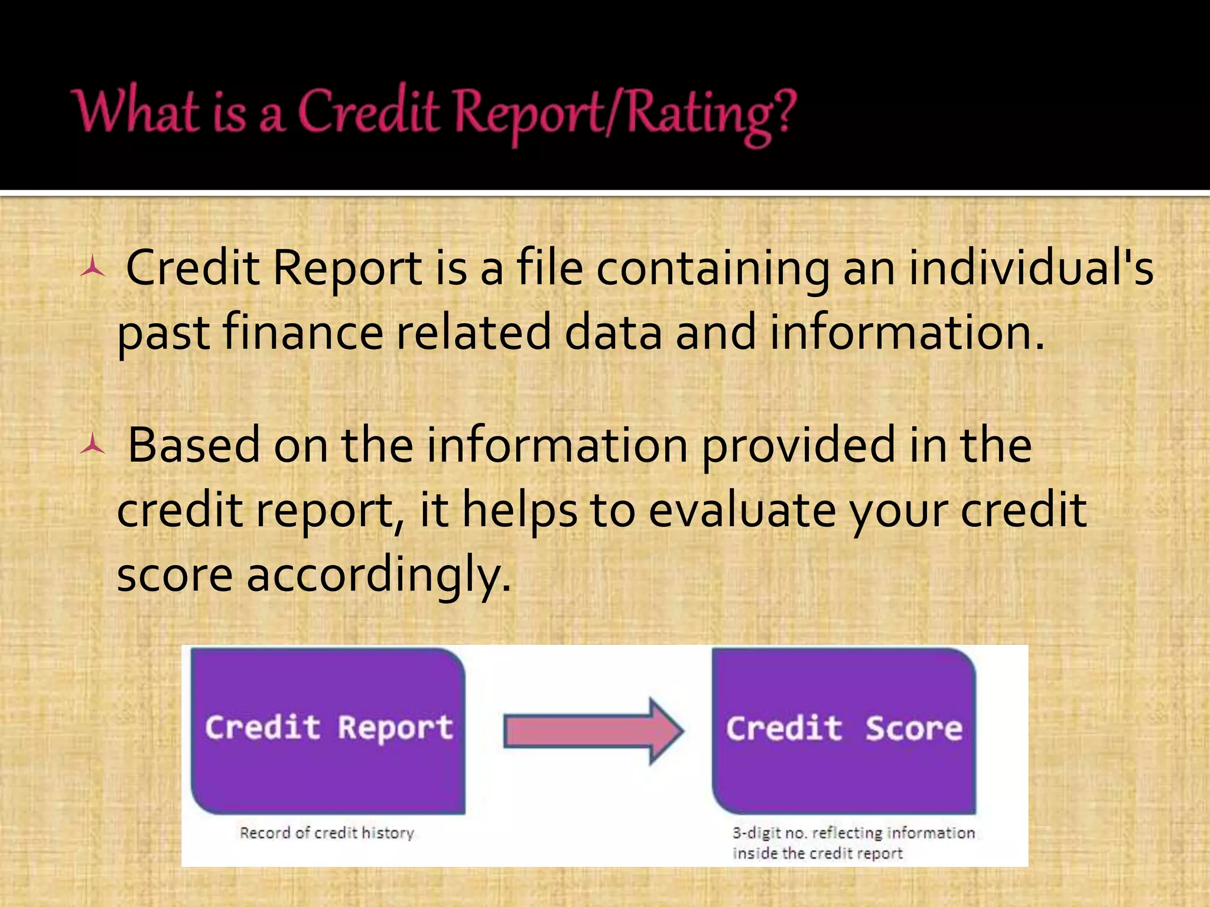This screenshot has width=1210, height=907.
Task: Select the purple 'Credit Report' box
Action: coord(328,731)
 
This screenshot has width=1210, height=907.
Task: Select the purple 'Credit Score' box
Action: coord(844,731)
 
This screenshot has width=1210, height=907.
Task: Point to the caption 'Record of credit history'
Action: coord(327,833)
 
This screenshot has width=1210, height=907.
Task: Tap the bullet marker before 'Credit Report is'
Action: coord(93,269)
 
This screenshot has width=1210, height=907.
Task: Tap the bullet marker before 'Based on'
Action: coord(93,446)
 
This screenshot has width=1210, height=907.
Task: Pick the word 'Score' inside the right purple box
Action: coord(913,729)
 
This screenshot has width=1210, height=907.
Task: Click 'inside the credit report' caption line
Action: coord(818,853)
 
